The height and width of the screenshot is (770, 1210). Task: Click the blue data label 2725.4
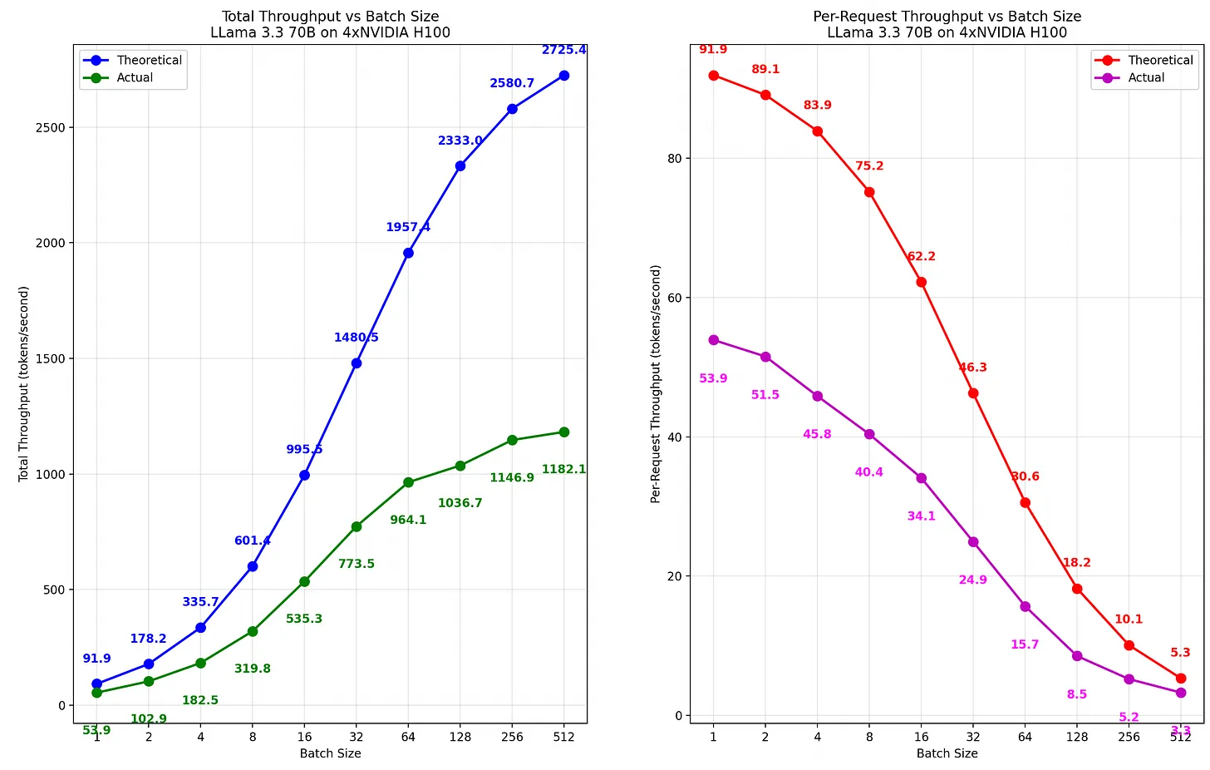[563, 50]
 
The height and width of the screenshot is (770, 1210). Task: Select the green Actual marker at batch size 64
[408, 482]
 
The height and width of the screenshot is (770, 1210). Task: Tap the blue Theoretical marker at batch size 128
[460, 166]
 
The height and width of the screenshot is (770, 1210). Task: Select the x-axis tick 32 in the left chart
[357, 737]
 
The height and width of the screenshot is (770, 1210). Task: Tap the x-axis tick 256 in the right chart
[1129, 737]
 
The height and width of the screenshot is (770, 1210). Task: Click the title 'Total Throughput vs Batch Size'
[330, 17]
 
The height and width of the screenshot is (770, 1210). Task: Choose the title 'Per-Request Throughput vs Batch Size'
[947, 17]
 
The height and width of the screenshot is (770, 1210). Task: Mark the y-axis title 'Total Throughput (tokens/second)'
[24, 384]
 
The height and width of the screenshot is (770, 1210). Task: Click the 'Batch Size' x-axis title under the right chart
[947, 753]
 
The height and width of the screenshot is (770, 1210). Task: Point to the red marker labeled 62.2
[921, 282]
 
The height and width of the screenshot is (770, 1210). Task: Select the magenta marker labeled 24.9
[973, 542]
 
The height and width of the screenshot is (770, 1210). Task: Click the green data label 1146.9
[512, 478]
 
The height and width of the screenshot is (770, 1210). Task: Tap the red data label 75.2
[869, 166]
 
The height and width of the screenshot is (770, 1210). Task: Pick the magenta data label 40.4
[869, 472]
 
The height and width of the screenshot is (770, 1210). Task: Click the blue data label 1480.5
[357, 338]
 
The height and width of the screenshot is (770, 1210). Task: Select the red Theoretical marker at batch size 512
[1181, 679]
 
